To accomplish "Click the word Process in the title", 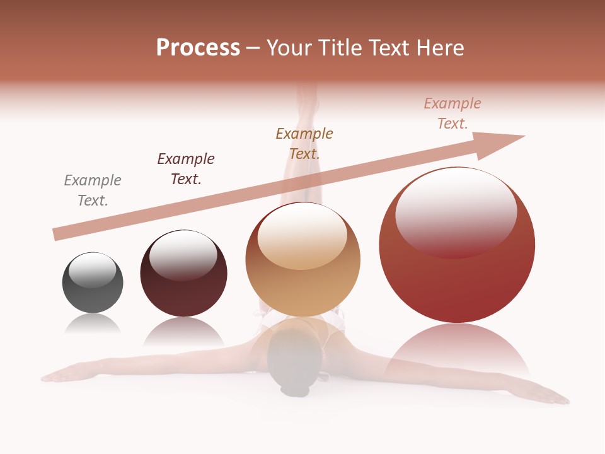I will pyautogui.click(x=198, y=48).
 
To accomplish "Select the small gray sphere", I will pyautogui.click(x=93, y=293).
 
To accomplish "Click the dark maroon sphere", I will pyautogui.click(x=183, y=290).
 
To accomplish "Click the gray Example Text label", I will pyautogui.click(x=93, y=190).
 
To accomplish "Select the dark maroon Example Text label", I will pyautogui.click(x=186, y=169).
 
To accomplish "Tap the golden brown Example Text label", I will pyautogui.click(x=304, y=143).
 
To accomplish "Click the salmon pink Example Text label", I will pyautogui.click(x=452, y=113).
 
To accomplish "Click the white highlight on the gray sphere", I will pyautogui.click(x=93, y=270).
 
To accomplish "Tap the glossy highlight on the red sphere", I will pyautogui.click(x=456, y=211).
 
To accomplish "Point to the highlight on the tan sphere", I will pyautogui.click(x=302, y=236).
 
